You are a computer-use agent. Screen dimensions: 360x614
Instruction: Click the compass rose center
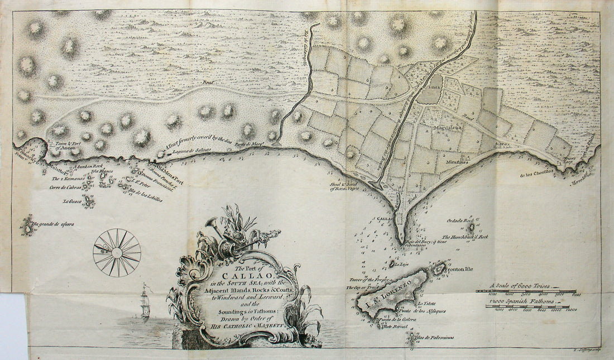click(117, 252)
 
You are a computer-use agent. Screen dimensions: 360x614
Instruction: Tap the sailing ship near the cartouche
click(145, 301)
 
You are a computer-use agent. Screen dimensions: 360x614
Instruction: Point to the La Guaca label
click(72, 201)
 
